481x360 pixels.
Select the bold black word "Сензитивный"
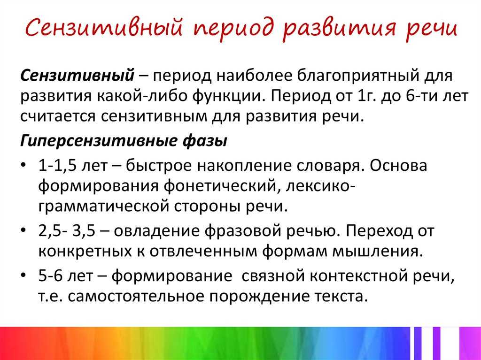click(78, 75)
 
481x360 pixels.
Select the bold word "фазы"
click(205, 141)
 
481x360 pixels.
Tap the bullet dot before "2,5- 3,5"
click(23, 230)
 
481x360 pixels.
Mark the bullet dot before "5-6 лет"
click(23, 275)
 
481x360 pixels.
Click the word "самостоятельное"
click(136, 297)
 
